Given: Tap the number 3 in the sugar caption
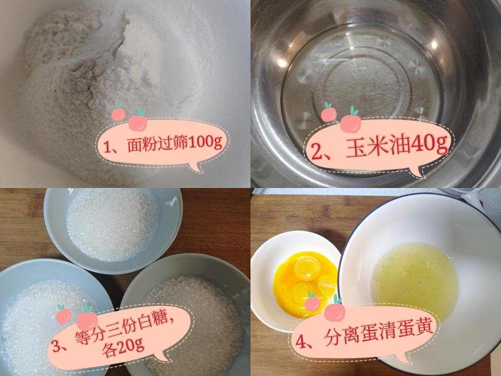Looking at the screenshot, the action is (x=56, y=346).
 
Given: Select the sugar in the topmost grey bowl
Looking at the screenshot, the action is (x=112, y=224).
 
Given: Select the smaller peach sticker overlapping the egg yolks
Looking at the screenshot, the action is (x=312, y=302).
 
